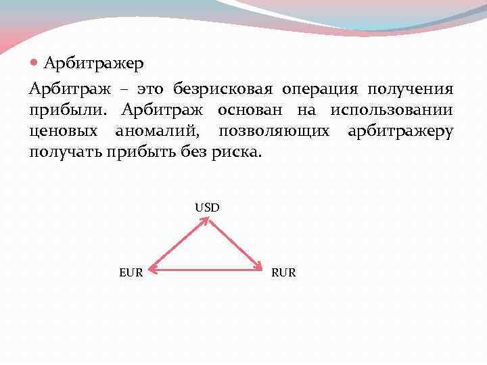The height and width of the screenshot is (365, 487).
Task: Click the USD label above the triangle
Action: (x=207, y=208)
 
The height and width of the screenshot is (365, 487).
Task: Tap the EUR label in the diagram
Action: (x=131, y=273)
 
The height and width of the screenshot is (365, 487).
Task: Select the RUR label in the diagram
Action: (x=283, y=273)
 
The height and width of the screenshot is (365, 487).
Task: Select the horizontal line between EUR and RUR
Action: (x=206, y=271)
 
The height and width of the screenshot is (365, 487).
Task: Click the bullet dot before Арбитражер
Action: (x=35, y=63)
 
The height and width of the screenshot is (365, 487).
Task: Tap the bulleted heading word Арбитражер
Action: (x=93, y=64)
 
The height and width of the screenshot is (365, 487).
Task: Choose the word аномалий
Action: (x=156, y=131)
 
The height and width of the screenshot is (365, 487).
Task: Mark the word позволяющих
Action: (x=274, y=131)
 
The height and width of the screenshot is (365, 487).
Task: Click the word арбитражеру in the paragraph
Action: (x=400, y=131)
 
